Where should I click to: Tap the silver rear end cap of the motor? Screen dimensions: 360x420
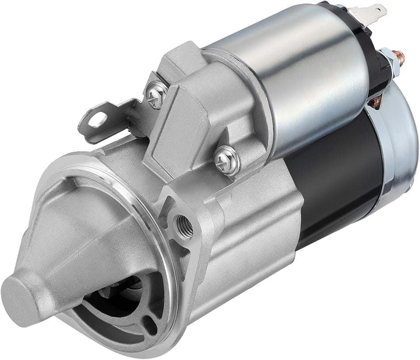[400, 146]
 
